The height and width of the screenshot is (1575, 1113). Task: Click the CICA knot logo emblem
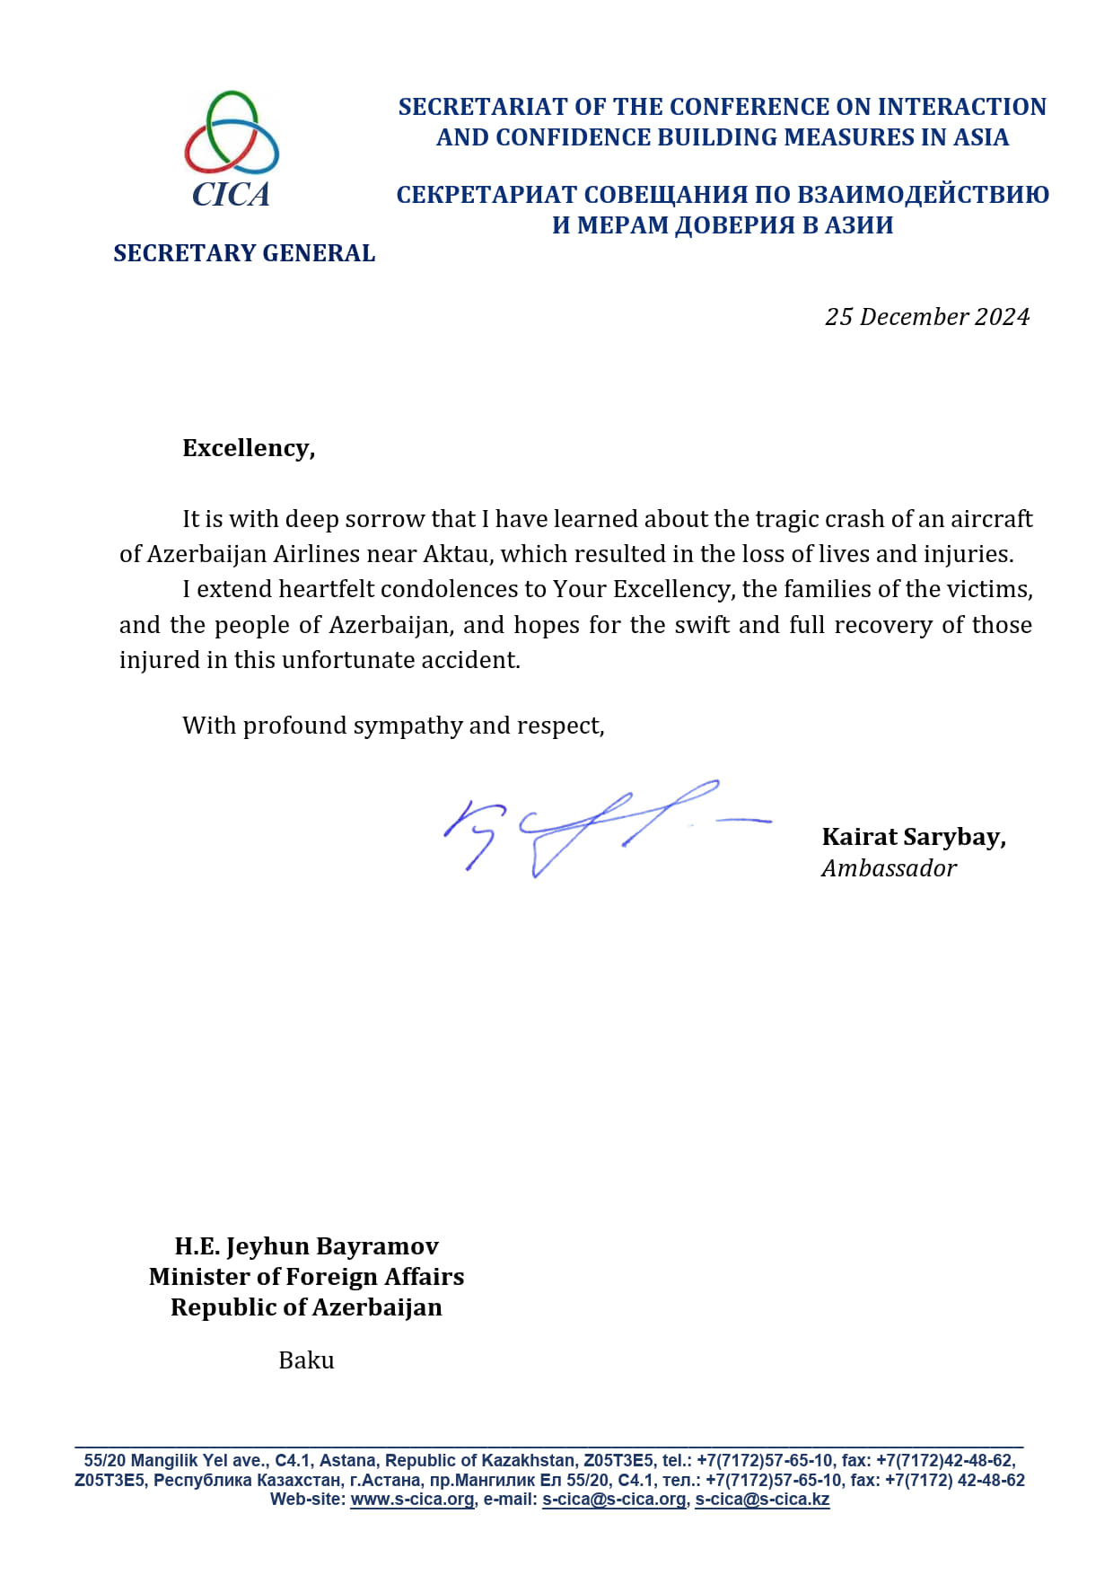coord(232,132)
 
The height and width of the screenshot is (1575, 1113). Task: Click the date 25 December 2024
coord(926,317)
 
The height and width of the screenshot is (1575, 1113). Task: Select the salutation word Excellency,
coord(249,448)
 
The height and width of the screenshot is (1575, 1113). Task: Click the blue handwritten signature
coord(592,826)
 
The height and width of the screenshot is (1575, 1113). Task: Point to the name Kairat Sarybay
coord(913,837)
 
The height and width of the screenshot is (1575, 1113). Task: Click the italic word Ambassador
coord(889,868)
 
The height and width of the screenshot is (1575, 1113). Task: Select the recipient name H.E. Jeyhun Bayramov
coord(306,1246)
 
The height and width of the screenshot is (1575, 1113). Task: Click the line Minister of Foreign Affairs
coord(306,1277)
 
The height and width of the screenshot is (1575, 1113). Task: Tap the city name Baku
coord(306,1360)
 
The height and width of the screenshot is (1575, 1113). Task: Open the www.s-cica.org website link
coord(412,1500)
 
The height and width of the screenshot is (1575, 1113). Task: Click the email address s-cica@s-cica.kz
coord(762,1500)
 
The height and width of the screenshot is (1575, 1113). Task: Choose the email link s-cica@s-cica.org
coord(614,1500)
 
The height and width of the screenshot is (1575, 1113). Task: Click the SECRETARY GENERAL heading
coord(244,253)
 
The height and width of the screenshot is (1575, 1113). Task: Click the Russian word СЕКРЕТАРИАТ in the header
coord(486,195)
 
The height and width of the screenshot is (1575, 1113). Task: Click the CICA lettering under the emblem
coord(231,195)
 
